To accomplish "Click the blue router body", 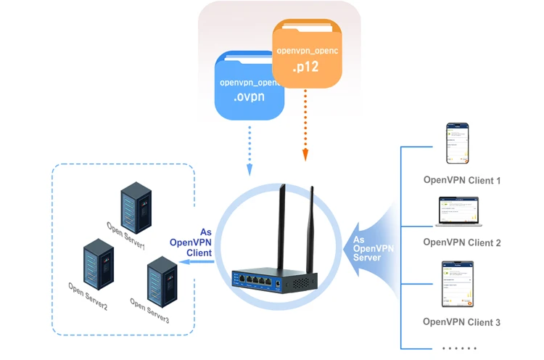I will coord(273,279).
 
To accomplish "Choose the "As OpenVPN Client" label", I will coord(191,242).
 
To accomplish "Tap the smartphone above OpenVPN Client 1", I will coord(459,144).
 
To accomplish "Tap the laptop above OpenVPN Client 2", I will coord(459,212).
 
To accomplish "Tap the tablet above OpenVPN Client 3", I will coord(459,282).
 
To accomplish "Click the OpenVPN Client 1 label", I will coord(462,180).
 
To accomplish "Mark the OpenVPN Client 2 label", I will coord(462,242).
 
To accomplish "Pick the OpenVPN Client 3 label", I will coord(462,322).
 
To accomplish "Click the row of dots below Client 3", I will coord(459,348).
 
